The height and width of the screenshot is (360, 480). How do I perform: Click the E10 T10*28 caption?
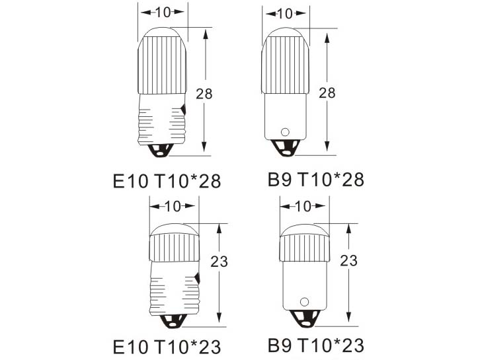(167, 181)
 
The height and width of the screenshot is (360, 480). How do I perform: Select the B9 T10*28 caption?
(316, 179)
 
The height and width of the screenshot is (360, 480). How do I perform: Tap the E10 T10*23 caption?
(167, 347)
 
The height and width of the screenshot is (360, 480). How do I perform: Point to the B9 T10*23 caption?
(316, 345)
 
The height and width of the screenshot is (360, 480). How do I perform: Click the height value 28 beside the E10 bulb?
(204, 94)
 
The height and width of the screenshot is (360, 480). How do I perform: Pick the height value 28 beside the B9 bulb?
(327, 92)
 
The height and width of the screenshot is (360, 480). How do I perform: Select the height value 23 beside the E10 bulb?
(220, 262)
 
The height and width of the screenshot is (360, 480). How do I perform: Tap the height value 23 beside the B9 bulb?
(349, 261)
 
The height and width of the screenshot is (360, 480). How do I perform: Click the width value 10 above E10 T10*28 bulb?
(163, 13)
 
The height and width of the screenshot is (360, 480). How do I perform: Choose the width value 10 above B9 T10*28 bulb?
(286, 13)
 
